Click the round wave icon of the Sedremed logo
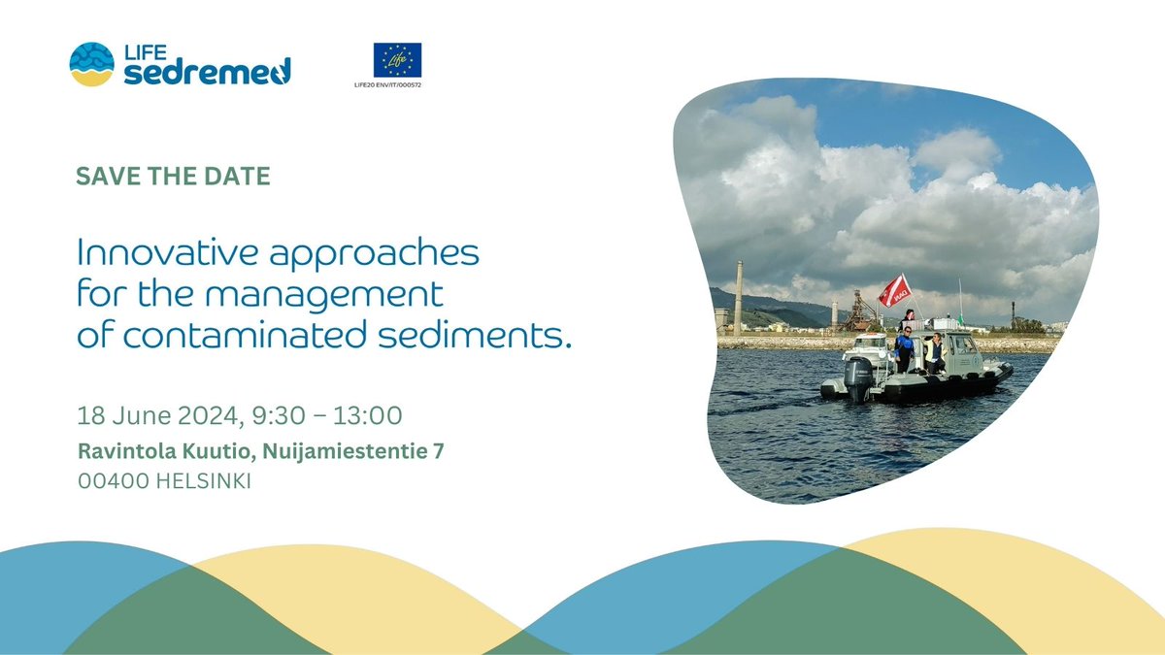point(91,64)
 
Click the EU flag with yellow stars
point(397,60)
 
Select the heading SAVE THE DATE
point(172,178)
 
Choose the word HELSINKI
point(205,481)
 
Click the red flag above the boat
point(893,289)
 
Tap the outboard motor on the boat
point(858,377)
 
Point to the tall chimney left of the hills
point(738,297)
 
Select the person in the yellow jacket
point(935,351)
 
